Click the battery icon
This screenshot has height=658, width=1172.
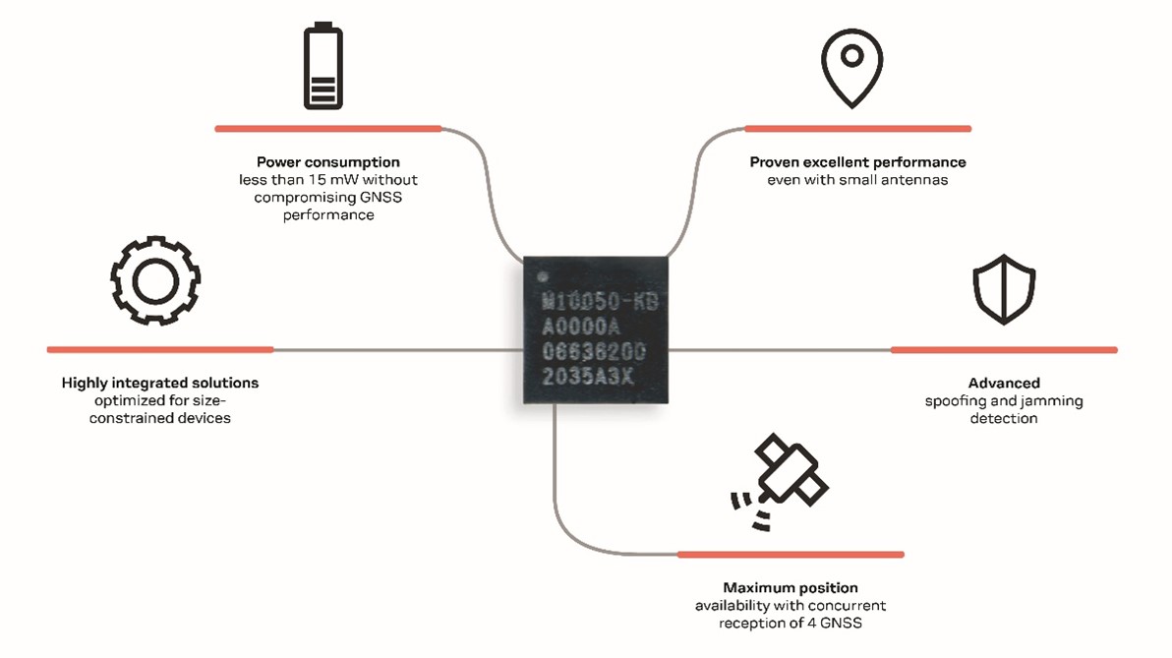click(x=322, y=67)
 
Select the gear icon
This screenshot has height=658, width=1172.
click(x=155, y=279)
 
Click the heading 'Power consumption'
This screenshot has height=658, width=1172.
click(x=328, y=162)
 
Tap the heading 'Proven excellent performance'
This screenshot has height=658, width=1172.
click(x=857, y=162)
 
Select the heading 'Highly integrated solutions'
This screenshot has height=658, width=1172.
click(x=160, y=383)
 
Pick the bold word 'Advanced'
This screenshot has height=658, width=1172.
click(x=1004, y=383)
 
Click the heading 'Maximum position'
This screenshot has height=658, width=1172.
click(x=791, y=588)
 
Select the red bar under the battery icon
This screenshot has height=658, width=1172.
click(x=328, y=128)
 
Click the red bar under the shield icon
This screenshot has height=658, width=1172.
click(x=1004, y=349)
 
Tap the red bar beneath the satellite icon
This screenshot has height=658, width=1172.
click(x=791, y=555)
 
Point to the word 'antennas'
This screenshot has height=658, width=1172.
click(x=912, y=180)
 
